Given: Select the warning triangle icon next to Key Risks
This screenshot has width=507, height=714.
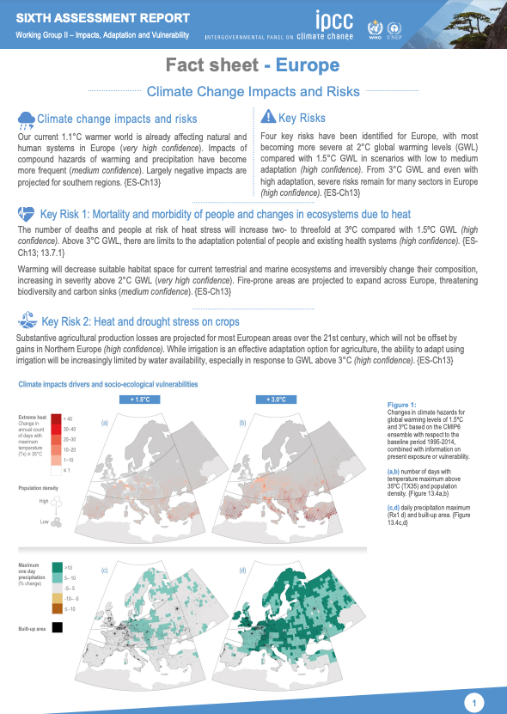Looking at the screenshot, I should tap(269, 118).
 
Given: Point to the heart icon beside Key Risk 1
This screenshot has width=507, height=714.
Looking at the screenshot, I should tap(27, 213).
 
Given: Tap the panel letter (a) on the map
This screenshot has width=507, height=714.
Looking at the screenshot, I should tap(105, 423).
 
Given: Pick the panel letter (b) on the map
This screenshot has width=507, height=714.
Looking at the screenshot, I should tap(242, 423).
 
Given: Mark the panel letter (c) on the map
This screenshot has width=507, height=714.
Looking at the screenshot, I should tap(105, 571).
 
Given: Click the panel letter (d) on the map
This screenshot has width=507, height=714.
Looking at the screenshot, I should tap(242, 571).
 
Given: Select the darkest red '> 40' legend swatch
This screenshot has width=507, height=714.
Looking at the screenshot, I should tap(55, 417).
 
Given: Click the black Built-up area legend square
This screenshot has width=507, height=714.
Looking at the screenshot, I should tap(56, 627).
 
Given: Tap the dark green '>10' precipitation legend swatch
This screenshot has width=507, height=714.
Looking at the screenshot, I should tap(55, 566).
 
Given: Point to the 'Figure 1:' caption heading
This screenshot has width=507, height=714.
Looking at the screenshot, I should tap(401, 404).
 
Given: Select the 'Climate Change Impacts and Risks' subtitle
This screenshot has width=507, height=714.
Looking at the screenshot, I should tap(253, 90).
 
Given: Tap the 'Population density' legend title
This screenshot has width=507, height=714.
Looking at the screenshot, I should tap(40, 486).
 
